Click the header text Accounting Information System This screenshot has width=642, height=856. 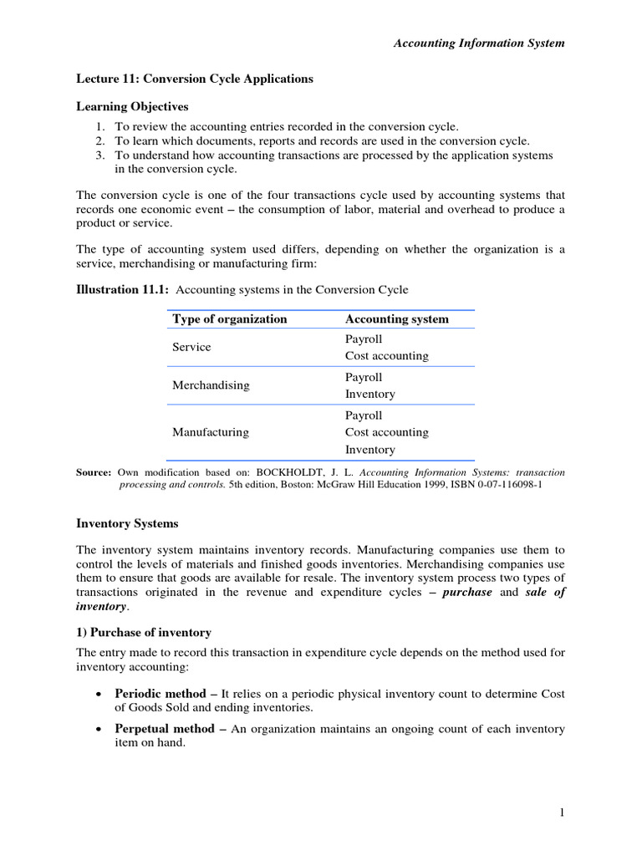[x=479, y=43]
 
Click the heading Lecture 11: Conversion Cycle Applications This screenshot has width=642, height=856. [x=195, y=79]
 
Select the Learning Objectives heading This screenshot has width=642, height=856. [x=132, y=107]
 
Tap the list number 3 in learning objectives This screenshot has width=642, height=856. [x=99, y=155]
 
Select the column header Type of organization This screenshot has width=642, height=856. [x=229, y=319]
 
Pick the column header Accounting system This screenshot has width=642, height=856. [x=396, y=319]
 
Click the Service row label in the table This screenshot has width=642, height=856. [x=191, y=347]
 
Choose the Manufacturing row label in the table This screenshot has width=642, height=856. [x=211, y=432]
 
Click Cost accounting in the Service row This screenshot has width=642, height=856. [x=386, y=356]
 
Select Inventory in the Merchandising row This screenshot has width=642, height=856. [x=369, y=395]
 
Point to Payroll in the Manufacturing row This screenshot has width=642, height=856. [x=364, y=415]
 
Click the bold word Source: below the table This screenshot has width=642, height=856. [x=94, y=473]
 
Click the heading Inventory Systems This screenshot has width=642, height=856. [x=127, y=524]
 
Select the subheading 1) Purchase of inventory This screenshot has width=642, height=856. [x=144, y=632]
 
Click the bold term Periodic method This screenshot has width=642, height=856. [x=161, y=695]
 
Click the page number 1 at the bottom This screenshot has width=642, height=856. [x=563, y=813]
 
